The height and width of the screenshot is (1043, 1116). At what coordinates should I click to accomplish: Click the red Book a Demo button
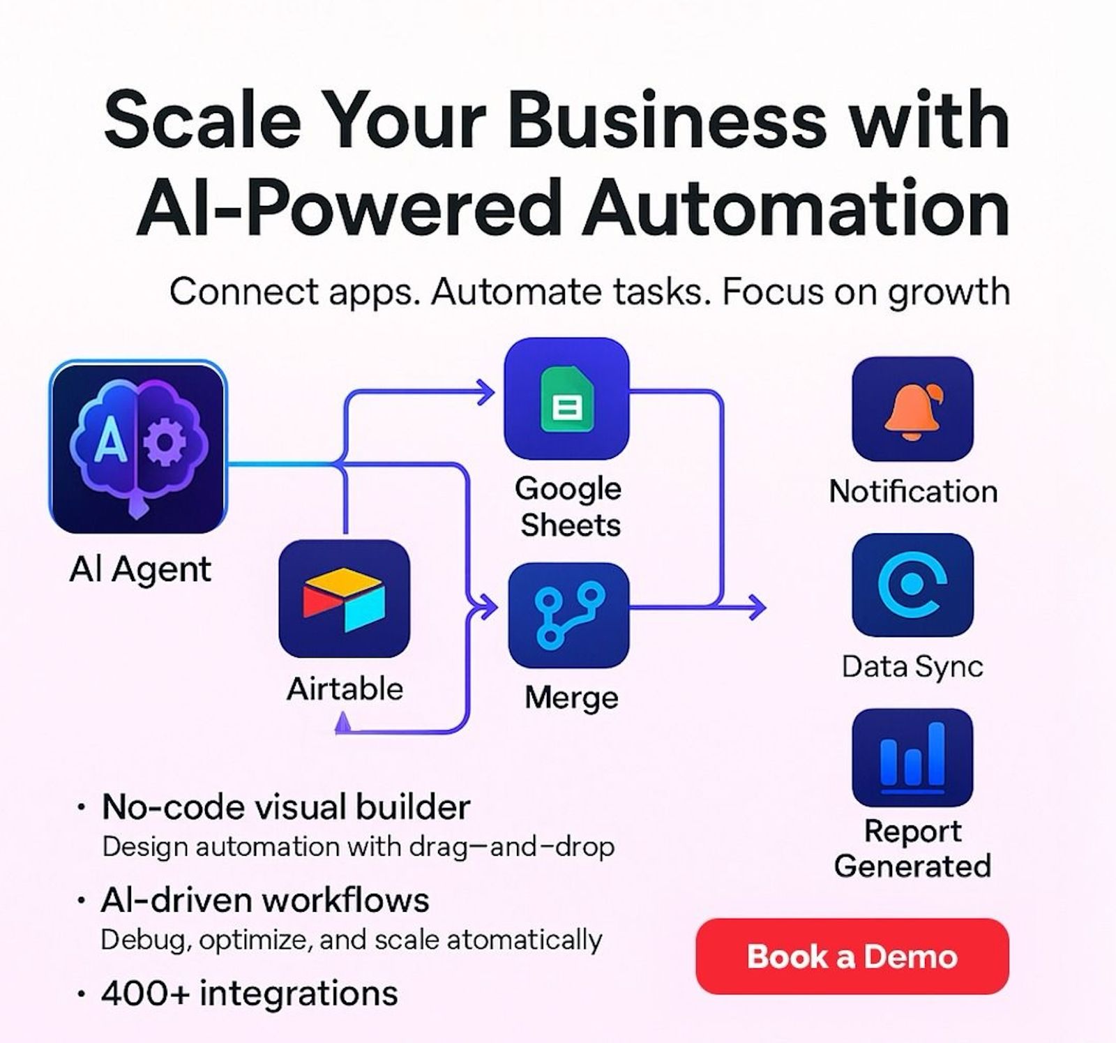point(852,956)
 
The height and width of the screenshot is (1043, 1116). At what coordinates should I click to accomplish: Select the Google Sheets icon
point(566,398)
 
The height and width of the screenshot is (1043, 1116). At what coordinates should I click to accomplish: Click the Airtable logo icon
point(344,599)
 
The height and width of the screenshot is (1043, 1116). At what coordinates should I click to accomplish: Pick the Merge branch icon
point(568,615)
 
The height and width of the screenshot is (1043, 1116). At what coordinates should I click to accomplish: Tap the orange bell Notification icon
point(912,409)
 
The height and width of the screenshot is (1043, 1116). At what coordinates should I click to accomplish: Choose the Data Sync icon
point(912,585)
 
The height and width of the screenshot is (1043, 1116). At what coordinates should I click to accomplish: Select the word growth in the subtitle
point(949,293)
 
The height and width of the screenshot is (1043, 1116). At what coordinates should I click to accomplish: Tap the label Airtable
point(345,689)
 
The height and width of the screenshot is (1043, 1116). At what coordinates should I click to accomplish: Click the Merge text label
point(571,698)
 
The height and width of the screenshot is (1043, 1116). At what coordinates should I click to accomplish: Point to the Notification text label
point(913,492)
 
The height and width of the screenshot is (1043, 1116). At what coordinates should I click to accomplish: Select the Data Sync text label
point(912,667)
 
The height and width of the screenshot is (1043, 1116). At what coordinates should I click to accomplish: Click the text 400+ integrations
point(249,993)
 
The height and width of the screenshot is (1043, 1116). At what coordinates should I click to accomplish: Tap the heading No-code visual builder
point(286,808)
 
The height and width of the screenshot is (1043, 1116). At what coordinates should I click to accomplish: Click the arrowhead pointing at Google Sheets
point(485,393)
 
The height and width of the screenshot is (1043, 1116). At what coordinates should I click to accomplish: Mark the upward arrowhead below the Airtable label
point(342,723)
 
